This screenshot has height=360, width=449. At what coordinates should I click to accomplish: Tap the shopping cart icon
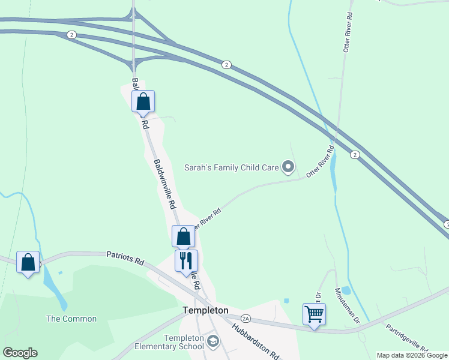click(314, 314)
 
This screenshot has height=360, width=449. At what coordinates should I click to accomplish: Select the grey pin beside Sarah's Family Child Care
click(289, 167)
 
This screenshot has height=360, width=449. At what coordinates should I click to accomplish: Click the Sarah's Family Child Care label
click(231, 167)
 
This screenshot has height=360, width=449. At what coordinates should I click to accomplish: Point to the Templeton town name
click(205, 310)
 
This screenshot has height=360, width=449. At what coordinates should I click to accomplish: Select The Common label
click(71, 319)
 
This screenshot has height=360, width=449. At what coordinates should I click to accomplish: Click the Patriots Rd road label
click(126, 259)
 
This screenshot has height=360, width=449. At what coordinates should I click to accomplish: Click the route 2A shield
click(245, 317)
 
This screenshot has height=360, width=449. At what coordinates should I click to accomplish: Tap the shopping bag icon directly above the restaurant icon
click(183, 236)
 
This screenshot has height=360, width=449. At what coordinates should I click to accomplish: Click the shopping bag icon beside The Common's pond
click(28, 262)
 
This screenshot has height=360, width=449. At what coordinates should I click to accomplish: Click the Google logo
click(20, 353)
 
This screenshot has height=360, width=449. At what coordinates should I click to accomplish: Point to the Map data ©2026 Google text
click(412, 355)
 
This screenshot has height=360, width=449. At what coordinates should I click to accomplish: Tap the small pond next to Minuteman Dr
click(346, 291)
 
